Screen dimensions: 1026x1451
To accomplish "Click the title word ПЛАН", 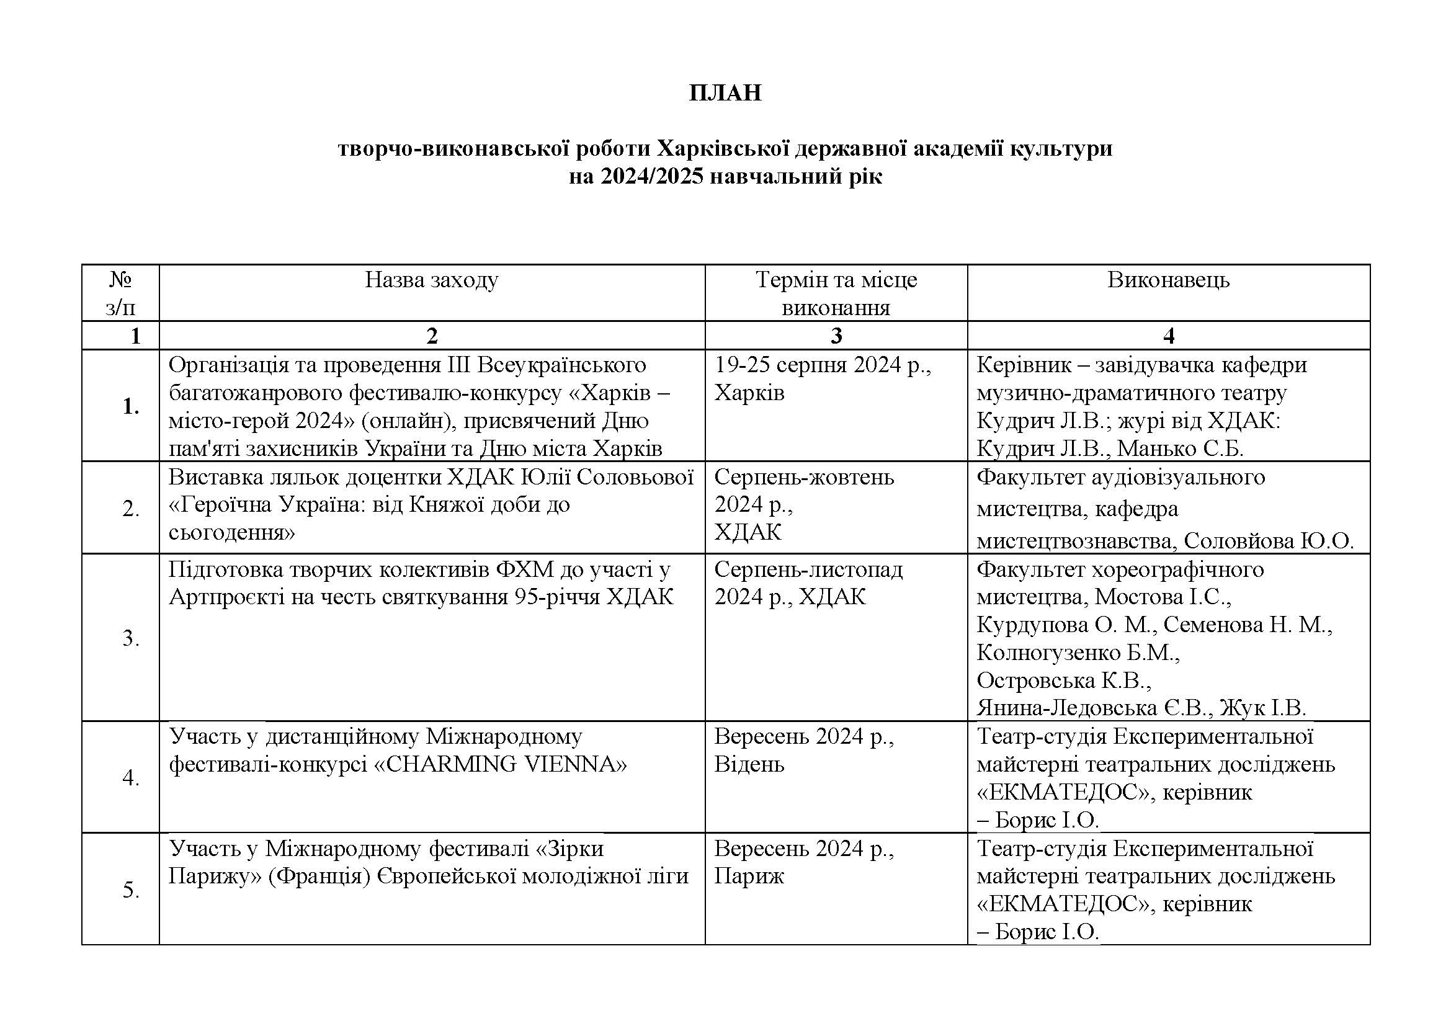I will [725, 94].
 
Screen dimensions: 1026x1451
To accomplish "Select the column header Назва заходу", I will [432, 280].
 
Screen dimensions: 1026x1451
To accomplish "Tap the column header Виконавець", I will [1168, 280].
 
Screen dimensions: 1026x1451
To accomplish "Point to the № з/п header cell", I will [120, 293].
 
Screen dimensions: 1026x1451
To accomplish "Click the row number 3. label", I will [131, 638].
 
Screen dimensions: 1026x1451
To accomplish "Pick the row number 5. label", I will [131, 890].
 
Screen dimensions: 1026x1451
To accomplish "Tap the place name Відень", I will [749, 764].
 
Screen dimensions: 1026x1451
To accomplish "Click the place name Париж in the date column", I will [749, 877].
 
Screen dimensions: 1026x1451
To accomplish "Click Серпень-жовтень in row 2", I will [804, 477].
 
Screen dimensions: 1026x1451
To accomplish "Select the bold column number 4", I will [1168, 336].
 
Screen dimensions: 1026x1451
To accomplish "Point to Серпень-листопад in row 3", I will [808, 569].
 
